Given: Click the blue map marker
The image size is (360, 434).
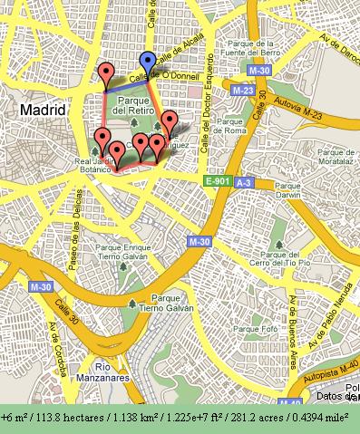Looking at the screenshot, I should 147,63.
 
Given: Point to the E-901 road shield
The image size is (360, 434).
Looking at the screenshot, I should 217,181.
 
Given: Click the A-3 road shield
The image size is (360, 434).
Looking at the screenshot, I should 244,182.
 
